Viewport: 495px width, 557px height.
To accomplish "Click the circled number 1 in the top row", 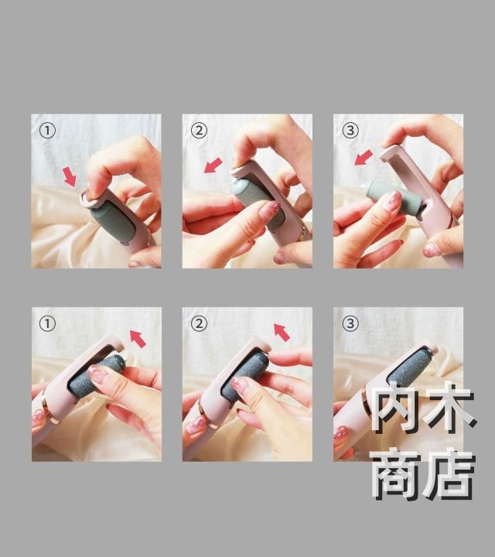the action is tap(47, 131).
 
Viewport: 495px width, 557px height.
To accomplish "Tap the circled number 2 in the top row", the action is tap(199, 131).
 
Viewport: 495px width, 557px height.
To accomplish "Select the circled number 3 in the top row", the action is tap(350, 131).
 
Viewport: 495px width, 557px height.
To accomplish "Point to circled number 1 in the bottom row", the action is tap(47, 324).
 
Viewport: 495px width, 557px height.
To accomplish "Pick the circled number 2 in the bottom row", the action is tap(199, 323).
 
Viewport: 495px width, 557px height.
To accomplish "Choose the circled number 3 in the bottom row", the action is tap(350, 323).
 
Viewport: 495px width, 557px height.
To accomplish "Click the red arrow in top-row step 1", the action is tap(70, 177).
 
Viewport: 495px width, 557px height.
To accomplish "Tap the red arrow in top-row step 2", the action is tap(213, 166).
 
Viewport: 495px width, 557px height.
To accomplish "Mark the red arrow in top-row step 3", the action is tap(364, 157).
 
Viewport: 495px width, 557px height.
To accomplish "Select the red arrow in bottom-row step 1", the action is tap(138, 338).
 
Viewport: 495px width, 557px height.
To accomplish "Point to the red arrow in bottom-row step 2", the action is tap(282, 333).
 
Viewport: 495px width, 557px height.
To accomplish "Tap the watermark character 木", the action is tap(452, 408).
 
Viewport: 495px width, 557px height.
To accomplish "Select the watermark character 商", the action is tap(395, 474).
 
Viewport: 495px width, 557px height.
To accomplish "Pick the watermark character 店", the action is tap(450, 474).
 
